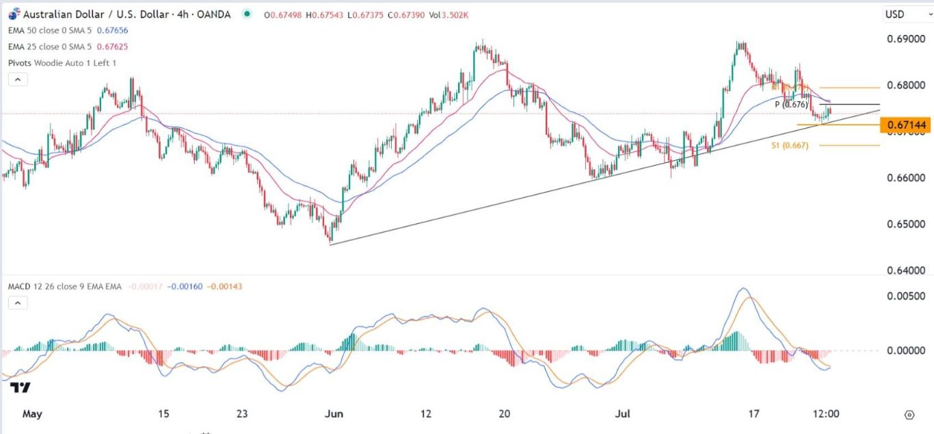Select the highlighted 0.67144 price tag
907,125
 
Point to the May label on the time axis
33,414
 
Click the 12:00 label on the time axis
825,414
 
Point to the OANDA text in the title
211,14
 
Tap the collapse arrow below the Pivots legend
18,79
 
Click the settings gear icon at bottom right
909,415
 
